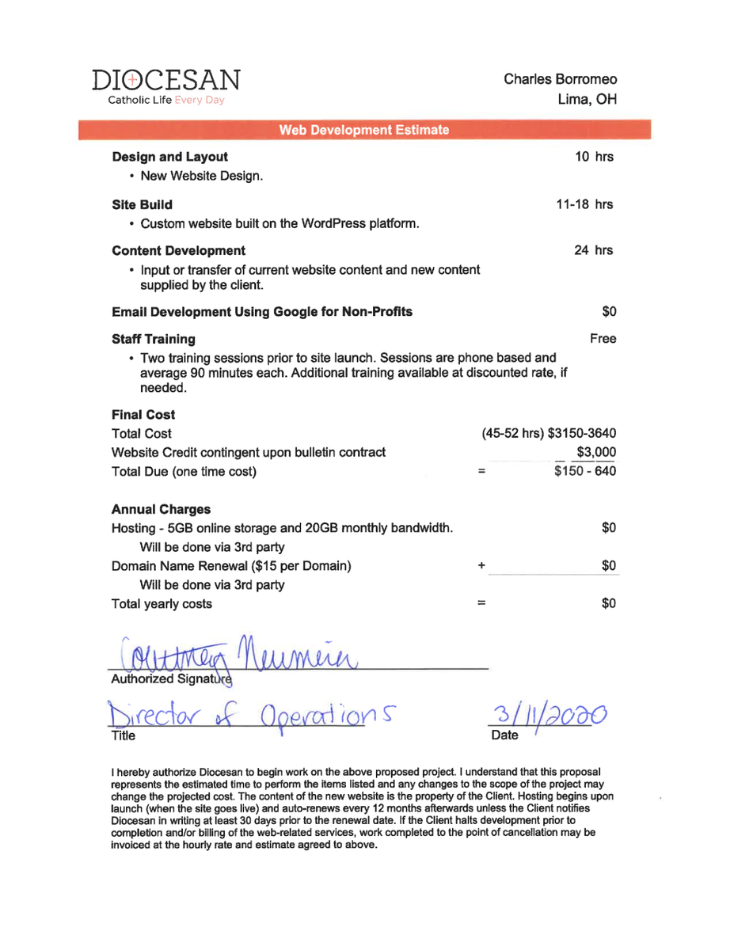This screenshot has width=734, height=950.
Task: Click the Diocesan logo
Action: coord(165,86)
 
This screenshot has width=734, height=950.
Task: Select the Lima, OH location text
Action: coord(587,100)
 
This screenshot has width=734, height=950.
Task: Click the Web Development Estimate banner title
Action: coord(364,130)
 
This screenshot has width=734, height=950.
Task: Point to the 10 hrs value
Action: coord(594,157)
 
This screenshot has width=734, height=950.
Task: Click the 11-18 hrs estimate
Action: coord(585,204)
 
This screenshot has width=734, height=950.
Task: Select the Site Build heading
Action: coord(142,204)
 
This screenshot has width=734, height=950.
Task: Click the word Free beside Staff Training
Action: coord(603,339)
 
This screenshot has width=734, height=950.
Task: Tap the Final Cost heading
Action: coord(143,415)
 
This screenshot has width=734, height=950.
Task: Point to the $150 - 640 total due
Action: coord(585,472)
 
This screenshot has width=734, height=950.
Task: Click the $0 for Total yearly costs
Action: coord(608,603)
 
